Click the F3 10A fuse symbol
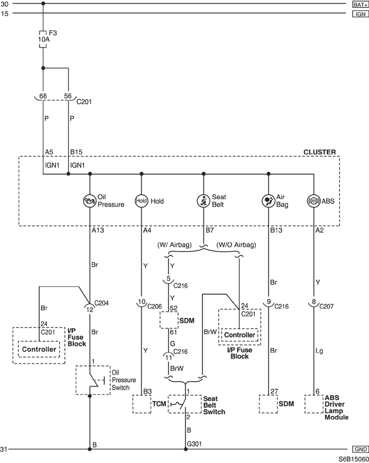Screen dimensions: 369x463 tap(43, 39)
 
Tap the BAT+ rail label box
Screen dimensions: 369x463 tap(361, 4)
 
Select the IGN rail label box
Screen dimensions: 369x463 tap(361, 14)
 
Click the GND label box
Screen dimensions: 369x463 tap(361, 449)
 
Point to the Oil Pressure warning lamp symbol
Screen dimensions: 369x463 tap(90, 201)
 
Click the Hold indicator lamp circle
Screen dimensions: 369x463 tap(141, 201)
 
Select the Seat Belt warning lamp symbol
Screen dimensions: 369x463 tap(203, 201)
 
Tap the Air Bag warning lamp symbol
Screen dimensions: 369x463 tap(268, 201)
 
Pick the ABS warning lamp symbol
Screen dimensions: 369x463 tap(314, 201)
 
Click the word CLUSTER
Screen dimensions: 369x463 tap(319, 152)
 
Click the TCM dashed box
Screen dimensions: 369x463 tap(142, 404)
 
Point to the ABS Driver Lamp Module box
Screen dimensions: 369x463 tap(314, 404)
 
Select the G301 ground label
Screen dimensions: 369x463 tap(194, 444)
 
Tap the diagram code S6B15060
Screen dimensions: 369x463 tap(353, 459)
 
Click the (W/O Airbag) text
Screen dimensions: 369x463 tap(236, 245)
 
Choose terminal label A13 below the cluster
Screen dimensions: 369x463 tap(98, 230)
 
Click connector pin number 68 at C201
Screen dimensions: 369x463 tap(43, 96)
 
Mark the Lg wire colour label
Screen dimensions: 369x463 tap(319, 351)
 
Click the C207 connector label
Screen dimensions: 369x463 tap(326, 306)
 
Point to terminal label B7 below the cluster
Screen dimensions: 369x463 tap(210, 230)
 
